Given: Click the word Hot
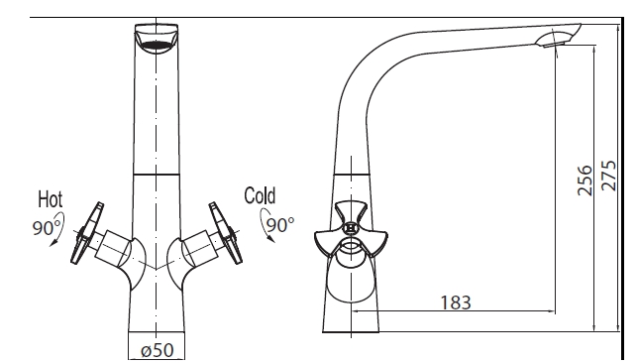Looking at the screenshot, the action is point(51,199).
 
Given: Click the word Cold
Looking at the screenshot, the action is point(260,195).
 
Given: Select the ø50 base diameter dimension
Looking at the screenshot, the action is point(158,350).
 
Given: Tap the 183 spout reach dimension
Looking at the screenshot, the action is point(456,302).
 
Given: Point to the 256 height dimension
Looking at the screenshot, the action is point(585,181).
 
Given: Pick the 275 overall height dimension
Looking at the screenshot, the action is point(608,176).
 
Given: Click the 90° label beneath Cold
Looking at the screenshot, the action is point(280,224).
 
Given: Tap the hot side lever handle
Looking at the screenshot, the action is point(86,233).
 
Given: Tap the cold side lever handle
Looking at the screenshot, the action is point(226,233).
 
